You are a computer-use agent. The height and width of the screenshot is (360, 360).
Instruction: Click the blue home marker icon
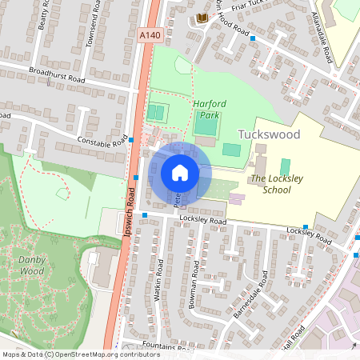tap(180, 172)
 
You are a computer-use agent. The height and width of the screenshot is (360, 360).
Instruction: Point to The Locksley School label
tap(270, 184)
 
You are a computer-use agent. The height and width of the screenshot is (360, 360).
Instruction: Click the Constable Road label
tap(102, 142)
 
